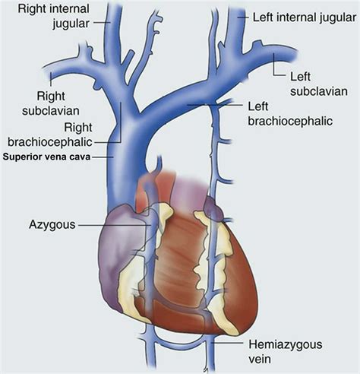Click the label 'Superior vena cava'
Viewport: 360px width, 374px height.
pyautogui.click(x=46, y=157)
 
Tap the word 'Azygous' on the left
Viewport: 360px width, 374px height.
pyautogui.click(x=52, y=224)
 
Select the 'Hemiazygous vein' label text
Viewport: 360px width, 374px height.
pyautogui.click(x=286, y=352)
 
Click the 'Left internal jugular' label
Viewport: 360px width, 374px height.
pyautogui.click(x=305, y=17)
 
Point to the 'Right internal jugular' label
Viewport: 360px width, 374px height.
pyautogui.click(x=53, y=16)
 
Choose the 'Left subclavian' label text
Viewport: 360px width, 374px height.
pyautogui.click(x=319, y=84)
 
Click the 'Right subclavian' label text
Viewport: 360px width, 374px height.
pyautogui.click(x=51, y=103)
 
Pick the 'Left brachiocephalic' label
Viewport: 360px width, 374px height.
pyautogui.click(x=290, y=114)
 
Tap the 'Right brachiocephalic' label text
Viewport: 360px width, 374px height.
pyautogui.click(x=50, y=135)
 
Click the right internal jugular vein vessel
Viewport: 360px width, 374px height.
pyautogui.click(x=113, y=33)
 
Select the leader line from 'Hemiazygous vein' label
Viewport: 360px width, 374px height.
pyautogui.click(x=227, y=344)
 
